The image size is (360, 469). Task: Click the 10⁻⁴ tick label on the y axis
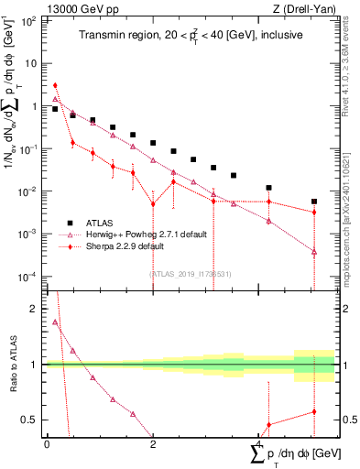pyautogui.click(x=28, y=277)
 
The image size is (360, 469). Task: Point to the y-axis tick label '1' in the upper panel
pyautogui.click(x=35, y=106)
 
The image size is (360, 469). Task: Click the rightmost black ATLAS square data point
pyautogui.click(x=313, y=202)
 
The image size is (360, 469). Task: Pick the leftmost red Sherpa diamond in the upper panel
pyautogui.click(x=56, y=85)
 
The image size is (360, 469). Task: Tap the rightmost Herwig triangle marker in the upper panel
pyautogui.click(x=313, y=252)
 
